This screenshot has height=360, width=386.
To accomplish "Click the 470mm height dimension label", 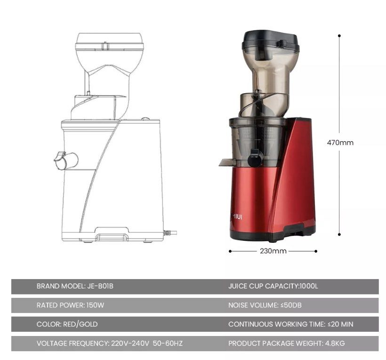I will pos(340,143).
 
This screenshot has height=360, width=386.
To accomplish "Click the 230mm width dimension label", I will pos(273,251).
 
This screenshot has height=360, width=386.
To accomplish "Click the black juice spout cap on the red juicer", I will pos(254,158).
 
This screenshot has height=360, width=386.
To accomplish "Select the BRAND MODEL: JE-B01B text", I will pos(75,286).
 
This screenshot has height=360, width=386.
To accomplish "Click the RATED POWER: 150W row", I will pos(70,305).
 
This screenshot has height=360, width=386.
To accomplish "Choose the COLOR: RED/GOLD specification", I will pos(67,324).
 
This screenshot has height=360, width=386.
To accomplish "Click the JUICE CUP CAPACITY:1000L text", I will pos(273,286).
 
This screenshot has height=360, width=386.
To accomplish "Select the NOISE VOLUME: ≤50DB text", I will pos(265,305).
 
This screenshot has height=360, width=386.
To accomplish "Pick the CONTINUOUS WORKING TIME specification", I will pos(290,324).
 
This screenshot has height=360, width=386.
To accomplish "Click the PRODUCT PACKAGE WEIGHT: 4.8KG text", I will pos(286,344).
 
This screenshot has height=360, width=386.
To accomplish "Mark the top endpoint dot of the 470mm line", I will pos(339,35).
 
